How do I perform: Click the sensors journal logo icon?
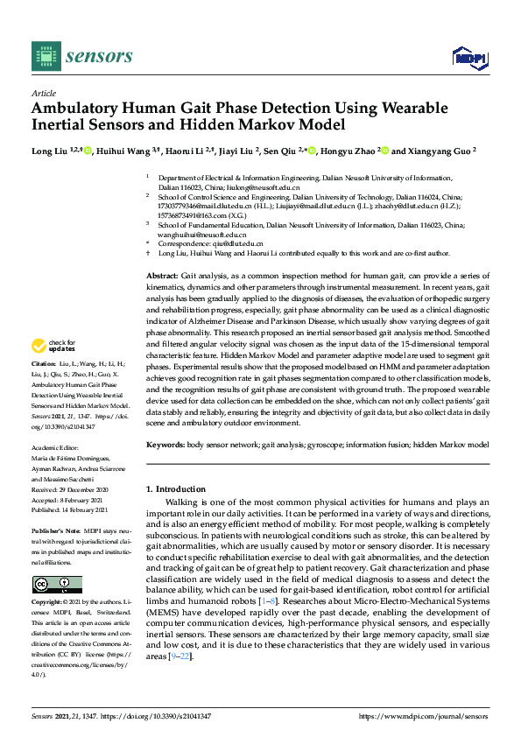[43, 56]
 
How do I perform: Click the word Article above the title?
[43, 93]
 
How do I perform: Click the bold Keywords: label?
[165, 446]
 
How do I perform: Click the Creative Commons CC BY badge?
[57, 585]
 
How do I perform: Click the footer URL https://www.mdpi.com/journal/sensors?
[423, 715]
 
